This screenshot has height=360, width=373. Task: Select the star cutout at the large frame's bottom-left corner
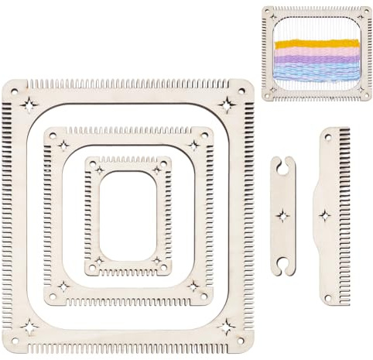point(29,327)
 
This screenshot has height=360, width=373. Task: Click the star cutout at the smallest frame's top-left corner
point(98,170)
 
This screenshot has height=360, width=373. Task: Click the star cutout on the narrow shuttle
point(283,215)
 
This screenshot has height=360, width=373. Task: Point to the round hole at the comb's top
point(328,138)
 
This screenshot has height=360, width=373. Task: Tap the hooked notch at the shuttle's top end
point(283,163)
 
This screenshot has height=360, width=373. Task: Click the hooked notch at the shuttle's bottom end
point(283,268)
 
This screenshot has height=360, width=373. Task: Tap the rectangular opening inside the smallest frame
point(128,215)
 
